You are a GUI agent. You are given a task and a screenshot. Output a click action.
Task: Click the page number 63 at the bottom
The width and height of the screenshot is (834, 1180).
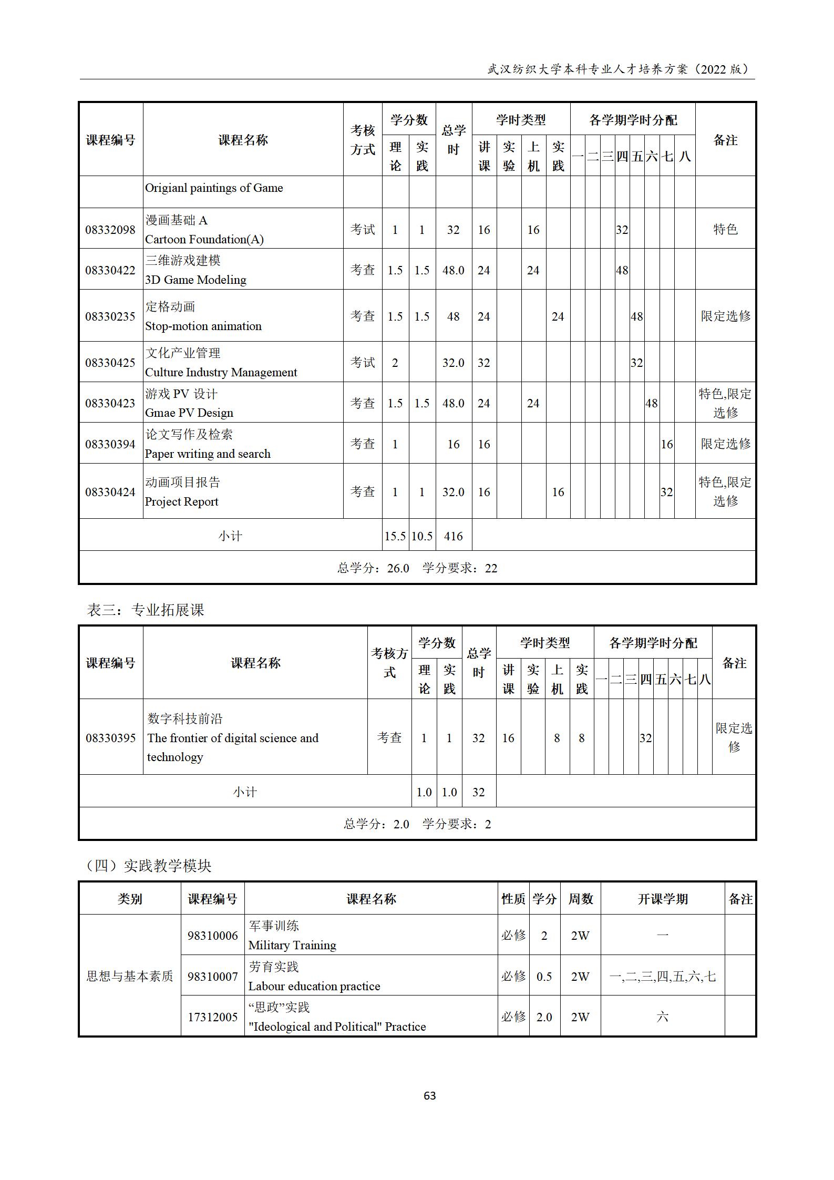coord(429,1095)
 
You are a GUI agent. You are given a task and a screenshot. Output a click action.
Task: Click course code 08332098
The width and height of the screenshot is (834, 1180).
coord(110,230)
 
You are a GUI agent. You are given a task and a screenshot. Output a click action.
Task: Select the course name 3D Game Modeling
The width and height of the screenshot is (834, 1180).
coord(195,280)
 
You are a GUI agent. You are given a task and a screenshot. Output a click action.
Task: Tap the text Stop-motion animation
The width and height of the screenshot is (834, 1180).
coord(203,326)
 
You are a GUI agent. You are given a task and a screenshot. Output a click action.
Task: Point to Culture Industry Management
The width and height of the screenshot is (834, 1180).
coord(221,372)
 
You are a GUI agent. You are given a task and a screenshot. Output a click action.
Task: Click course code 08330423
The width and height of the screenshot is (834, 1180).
coord(110,403)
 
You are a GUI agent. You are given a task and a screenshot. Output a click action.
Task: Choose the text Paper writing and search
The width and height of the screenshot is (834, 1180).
coord(208,454)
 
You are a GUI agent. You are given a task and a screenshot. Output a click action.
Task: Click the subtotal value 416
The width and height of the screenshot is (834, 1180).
coord(453,536)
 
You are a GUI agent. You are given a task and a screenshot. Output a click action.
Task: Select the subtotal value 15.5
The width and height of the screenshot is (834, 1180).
coord(395,536)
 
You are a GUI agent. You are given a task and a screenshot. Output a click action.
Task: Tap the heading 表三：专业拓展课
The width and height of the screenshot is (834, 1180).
coord(146,610)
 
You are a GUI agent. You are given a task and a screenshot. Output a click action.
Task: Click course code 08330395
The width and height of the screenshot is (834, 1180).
coord(110,738)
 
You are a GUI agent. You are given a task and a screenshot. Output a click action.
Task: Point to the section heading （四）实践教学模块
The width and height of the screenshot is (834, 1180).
coord(148,866)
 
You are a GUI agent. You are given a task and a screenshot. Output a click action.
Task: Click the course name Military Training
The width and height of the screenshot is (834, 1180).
coord(292,945)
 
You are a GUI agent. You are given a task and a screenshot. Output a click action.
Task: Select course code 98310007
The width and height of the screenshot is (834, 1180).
coord(212,976)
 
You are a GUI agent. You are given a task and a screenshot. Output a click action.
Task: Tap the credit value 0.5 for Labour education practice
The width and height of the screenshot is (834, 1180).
coord(544,976)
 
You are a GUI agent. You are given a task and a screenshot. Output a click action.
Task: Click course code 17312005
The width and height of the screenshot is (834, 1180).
coord(212,1017)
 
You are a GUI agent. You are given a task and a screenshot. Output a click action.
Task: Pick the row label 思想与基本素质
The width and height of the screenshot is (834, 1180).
coord(129,976)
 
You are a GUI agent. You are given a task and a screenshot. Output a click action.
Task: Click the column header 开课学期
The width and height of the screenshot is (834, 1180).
coord(662,899)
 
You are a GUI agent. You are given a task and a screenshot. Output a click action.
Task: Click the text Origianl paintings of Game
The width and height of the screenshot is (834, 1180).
coord(214,188)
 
